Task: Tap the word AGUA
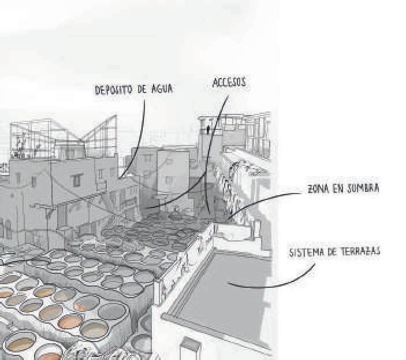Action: click(161, 90)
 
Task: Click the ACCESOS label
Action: click(229, 83)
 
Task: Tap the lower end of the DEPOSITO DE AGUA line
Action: click(121, 176)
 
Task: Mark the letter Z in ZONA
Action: click(310, 189)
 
